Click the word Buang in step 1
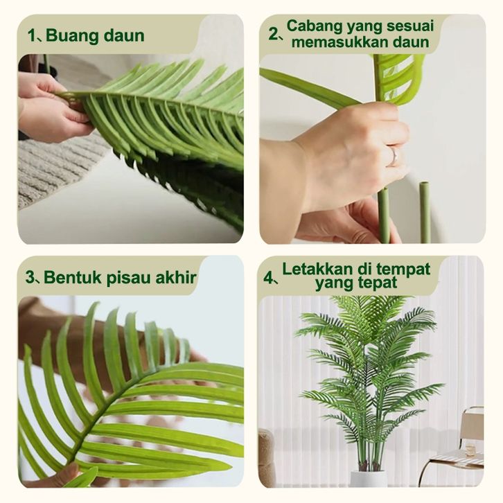coord(72,35)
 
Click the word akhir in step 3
coord(176,277)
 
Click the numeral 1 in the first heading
coord(30,35)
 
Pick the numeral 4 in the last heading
coord(267,278)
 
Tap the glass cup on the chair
coord(470,450)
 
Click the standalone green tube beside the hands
coord(425,212)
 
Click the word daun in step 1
coord(124,35)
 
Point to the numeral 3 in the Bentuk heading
coord(29,277)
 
